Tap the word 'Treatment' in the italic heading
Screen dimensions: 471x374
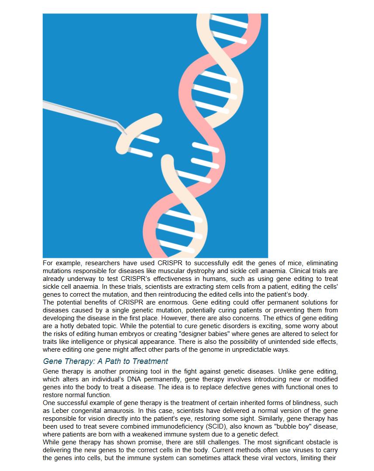tap(150, 361)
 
